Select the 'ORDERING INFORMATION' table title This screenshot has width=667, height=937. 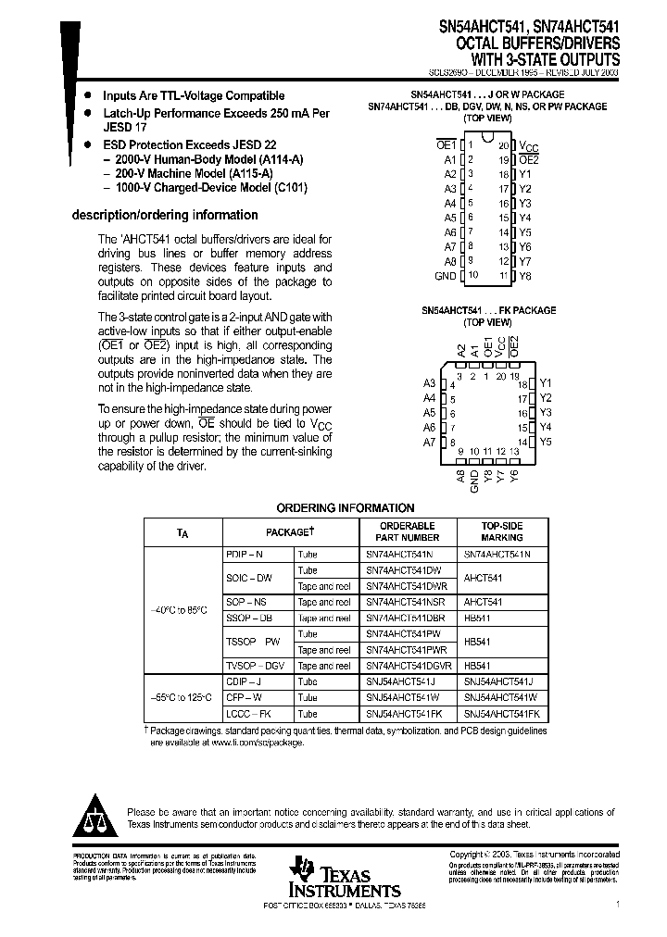point(346,507)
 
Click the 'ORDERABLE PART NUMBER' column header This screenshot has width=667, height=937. point(402,531)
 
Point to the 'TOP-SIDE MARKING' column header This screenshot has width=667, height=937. point(502,531)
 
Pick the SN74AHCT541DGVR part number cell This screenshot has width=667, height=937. point(408,666)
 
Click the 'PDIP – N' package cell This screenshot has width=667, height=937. point(245,553)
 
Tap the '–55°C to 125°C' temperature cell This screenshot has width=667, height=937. point(182,697)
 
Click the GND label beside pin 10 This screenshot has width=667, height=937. point(445,276)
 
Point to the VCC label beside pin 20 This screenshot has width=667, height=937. point(527,146)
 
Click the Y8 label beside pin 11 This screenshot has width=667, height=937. point(525,276)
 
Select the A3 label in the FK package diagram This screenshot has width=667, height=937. point(429,383)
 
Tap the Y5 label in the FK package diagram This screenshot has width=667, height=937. point(545,443)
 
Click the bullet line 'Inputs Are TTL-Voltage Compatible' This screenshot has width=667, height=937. point(194,95)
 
